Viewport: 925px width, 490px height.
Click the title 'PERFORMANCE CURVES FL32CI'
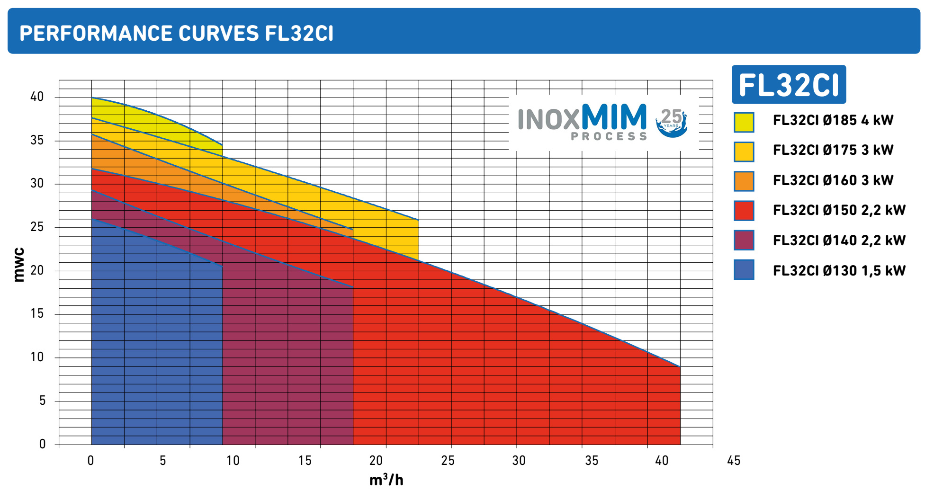pyautogui.click(x=176, y=33)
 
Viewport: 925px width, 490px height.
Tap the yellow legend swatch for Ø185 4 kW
pyautogui.click(x=744, y=122)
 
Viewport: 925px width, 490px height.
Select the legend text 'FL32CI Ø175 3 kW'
pyautogui.click(x=833, y=150)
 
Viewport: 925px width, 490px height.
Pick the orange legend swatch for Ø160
pyautogui.click(x=744, y=181)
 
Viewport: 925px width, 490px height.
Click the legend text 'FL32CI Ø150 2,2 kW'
pyautogui.click(x=839, y=210)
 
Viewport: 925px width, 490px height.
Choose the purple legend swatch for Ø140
pyautogui.click(x=744, y=240)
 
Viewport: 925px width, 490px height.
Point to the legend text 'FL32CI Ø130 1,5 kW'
pyautogui.click(x=839, y=270)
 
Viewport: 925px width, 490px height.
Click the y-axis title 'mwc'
pyautogui.click(x=19, y=265)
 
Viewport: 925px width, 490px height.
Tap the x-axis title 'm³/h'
pyautogui.click(x=386, y=480)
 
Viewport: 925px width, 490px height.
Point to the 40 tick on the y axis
pyautogui.click(x=37, y=97)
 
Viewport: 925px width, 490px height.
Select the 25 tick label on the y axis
pyautogui.click(x=37, y=227)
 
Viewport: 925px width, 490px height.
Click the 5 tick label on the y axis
pyautogui.click(x=42, y=401)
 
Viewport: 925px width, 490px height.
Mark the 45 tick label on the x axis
pyautogui.click(x=733, y=461)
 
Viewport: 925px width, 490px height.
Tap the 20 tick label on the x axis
pyautogui.click(x=376, y=461)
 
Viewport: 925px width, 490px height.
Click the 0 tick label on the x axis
pyautogui.click(x=91, y=461)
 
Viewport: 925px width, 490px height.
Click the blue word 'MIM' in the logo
pyautogui.click(x=614, y=116)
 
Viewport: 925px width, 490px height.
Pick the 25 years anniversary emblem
pyautogui.click(x=671, y=122)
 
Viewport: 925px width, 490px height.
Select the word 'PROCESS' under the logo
pyautogui.click(x=609, y=136)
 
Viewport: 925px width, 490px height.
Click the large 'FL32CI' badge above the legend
pyautogui.click(x=789, y=85)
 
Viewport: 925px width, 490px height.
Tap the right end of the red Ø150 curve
pyautogui.click(x=679, y=366)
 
